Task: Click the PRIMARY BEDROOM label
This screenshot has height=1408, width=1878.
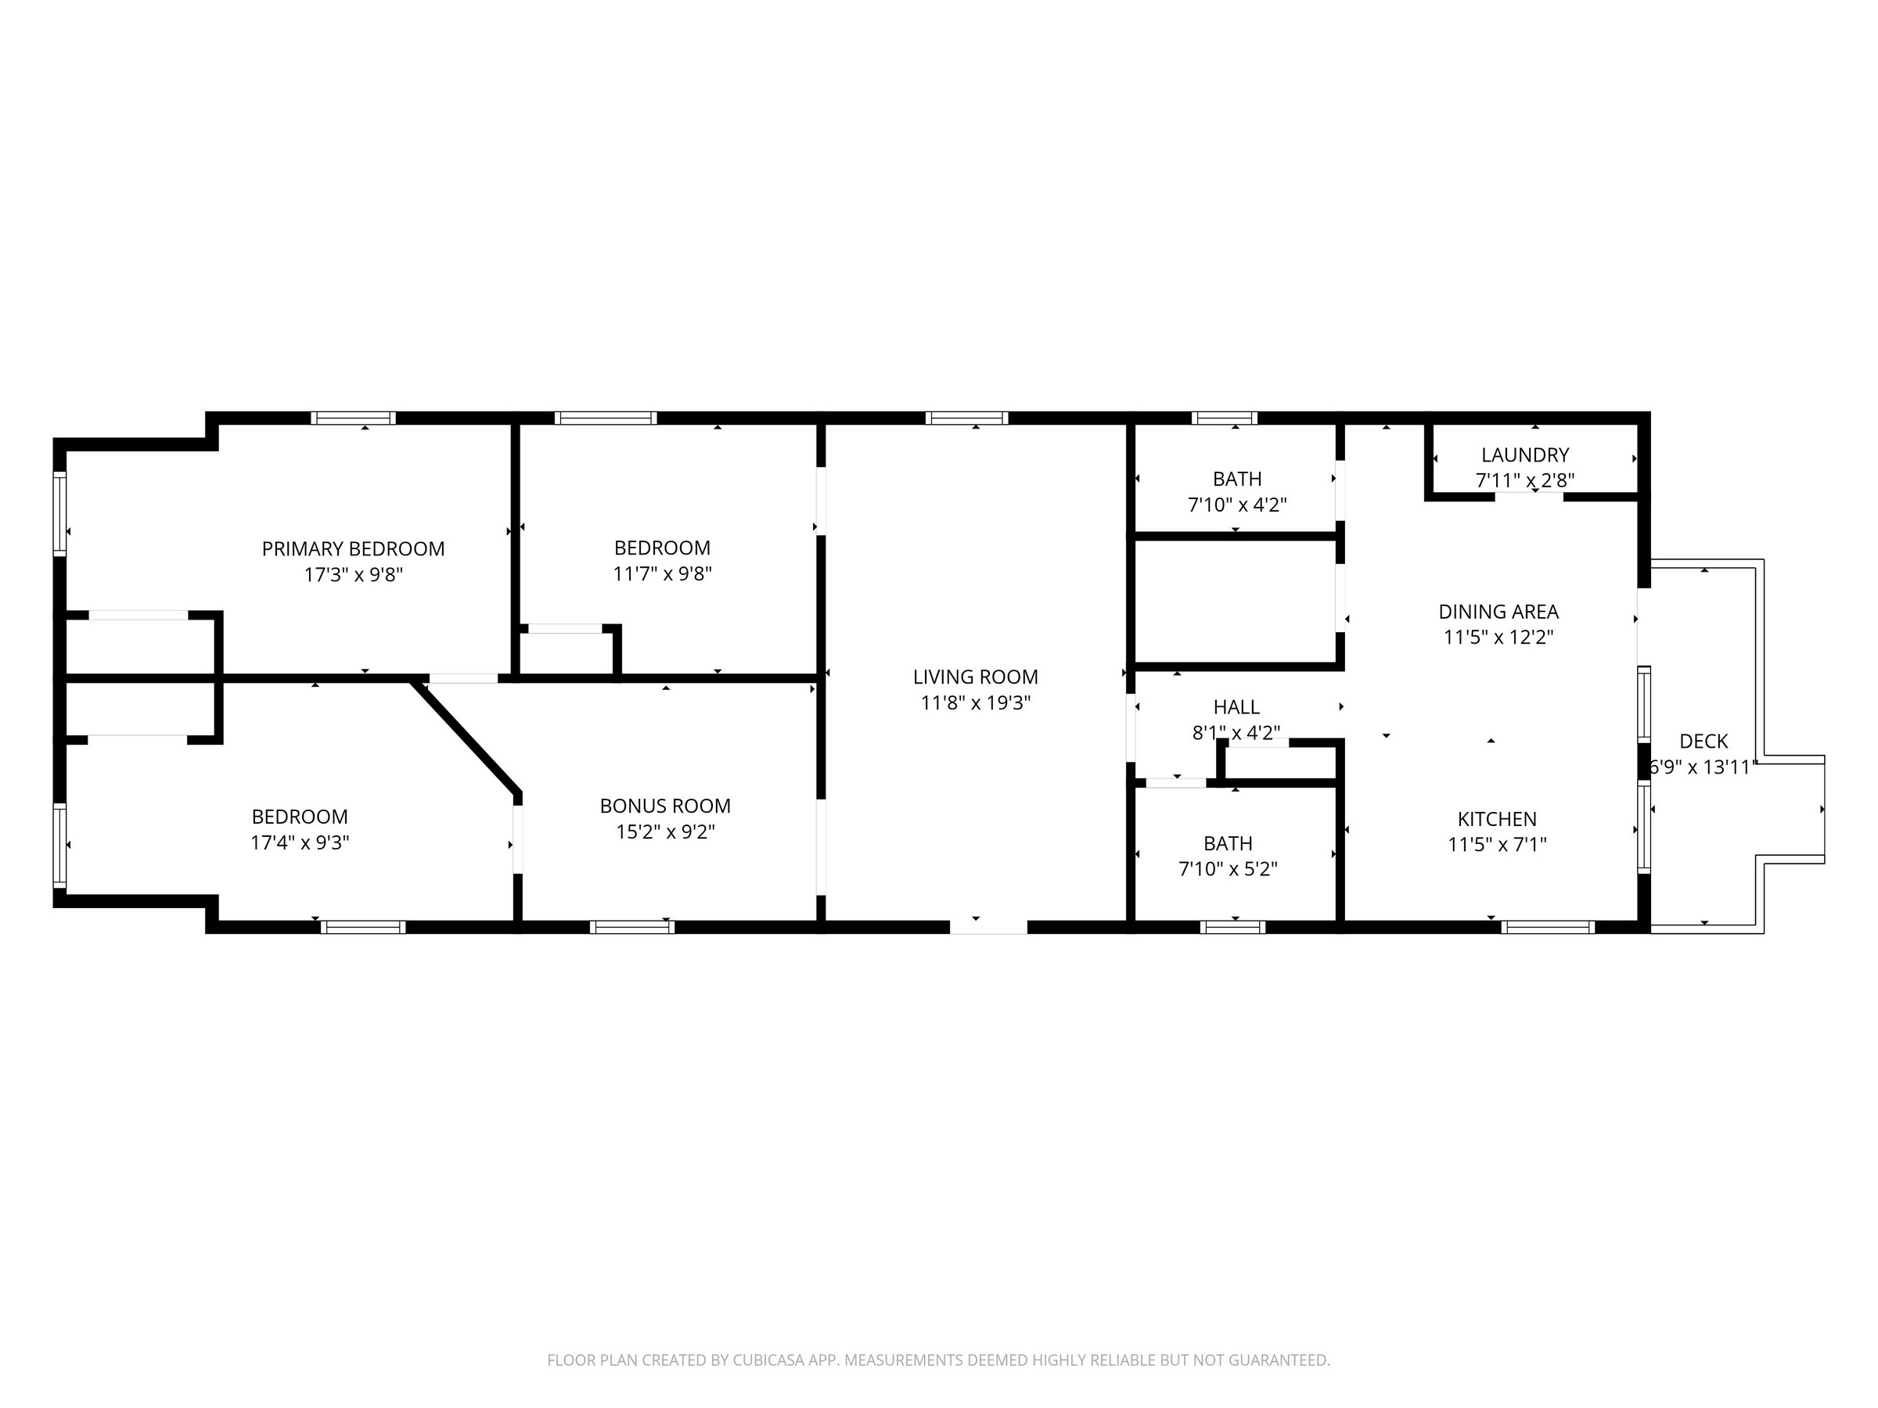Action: (x=353, y=549)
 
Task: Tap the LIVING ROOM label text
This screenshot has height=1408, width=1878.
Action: (x=976, y=677)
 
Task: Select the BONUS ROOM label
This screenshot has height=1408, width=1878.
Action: (x=666, y=806)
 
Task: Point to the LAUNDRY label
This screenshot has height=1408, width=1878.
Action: (x=1525, y=455)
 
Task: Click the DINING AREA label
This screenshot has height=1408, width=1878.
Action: (x=1498, y=612)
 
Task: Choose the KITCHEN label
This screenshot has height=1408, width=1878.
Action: (x=1497, y=820)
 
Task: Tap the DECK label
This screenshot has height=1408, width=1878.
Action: (x=1703, y=742)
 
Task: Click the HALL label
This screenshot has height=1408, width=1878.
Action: (x=1236, y=707)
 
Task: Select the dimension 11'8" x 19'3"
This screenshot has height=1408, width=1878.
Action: (x=976, y=702)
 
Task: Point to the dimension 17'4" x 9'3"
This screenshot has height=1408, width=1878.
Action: (x=300, y=842)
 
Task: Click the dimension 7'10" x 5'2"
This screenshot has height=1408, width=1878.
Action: (x=1228, y=869)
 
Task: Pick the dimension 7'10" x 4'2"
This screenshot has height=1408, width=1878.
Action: (x=1237, y=505)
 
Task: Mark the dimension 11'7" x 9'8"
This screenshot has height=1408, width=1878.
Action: (x=662, y=573)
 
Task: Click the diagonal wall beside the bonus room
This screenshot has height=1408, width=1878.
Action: (x=466, y=738)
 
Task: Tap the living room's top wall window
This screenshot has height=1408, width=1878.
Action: (x=967, y=418)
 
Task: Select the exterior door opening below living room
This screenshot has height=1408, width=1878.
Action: (x=988, y=927)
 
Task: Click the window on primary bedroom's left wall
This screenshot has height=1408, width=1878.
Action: (x=59, y=513)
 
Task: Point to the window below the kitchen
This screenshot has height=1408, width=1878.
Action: (x=1548, y=927)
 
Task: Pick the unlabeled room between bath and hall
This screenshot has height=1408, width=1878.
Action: (x=1236, y=601)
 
